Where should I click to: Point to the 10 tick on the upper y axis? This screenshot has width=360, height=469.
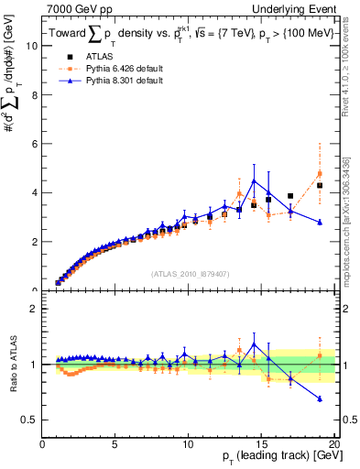[32, 45]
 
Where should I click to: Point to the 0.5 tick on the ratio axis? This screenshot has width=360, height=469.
[30, 420]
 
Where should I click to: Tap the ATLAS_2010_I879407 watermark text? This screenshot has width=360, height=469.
[190, 273]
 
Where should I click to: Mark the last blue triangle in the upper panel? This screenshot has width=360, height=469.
[320, 222]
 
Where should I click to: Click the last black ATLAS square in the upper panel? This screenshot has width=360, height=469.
[320, 185]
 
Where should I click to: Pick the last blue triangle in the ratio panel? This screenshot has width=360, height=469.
[320, 398]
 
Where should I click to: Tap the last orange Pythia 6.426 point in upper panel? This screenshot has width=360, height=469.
[320, 173]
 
